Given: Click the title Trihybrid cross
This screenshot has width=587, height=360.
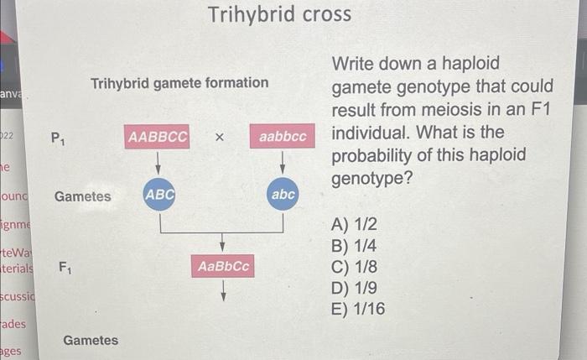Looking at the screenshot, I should (279, 15).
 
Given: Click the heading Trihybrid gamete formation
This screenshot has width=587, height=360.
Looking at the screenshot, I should (179, 83).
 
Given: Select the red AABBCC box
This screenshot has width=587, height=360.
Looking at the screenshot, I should (158, 136).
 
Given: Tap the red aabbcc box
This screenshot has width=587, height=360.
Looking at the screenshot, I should (283, 136).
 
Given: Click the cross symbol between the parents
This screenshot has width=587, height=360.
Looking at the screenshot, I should (219, 137).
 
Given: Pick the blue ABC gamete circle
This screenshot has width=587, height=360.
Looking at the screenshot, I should (159, 195).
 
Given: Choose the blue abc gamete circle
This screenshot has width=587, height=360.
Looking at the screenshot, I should (283, 195).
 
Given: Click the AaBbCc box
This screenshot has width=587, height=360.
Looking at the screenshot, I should (223, 266).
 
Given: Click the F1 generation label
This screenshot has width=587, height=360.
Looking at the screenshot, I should (65, 269).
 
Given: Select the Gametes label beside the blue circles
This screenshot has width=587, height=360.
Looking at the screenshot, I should (82, 196).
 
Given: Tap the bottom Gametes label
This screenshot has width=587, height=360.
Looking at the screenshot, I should (91, 341).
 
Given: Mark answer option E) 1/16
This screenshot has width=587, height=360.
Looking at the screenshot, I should (359, 310).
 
